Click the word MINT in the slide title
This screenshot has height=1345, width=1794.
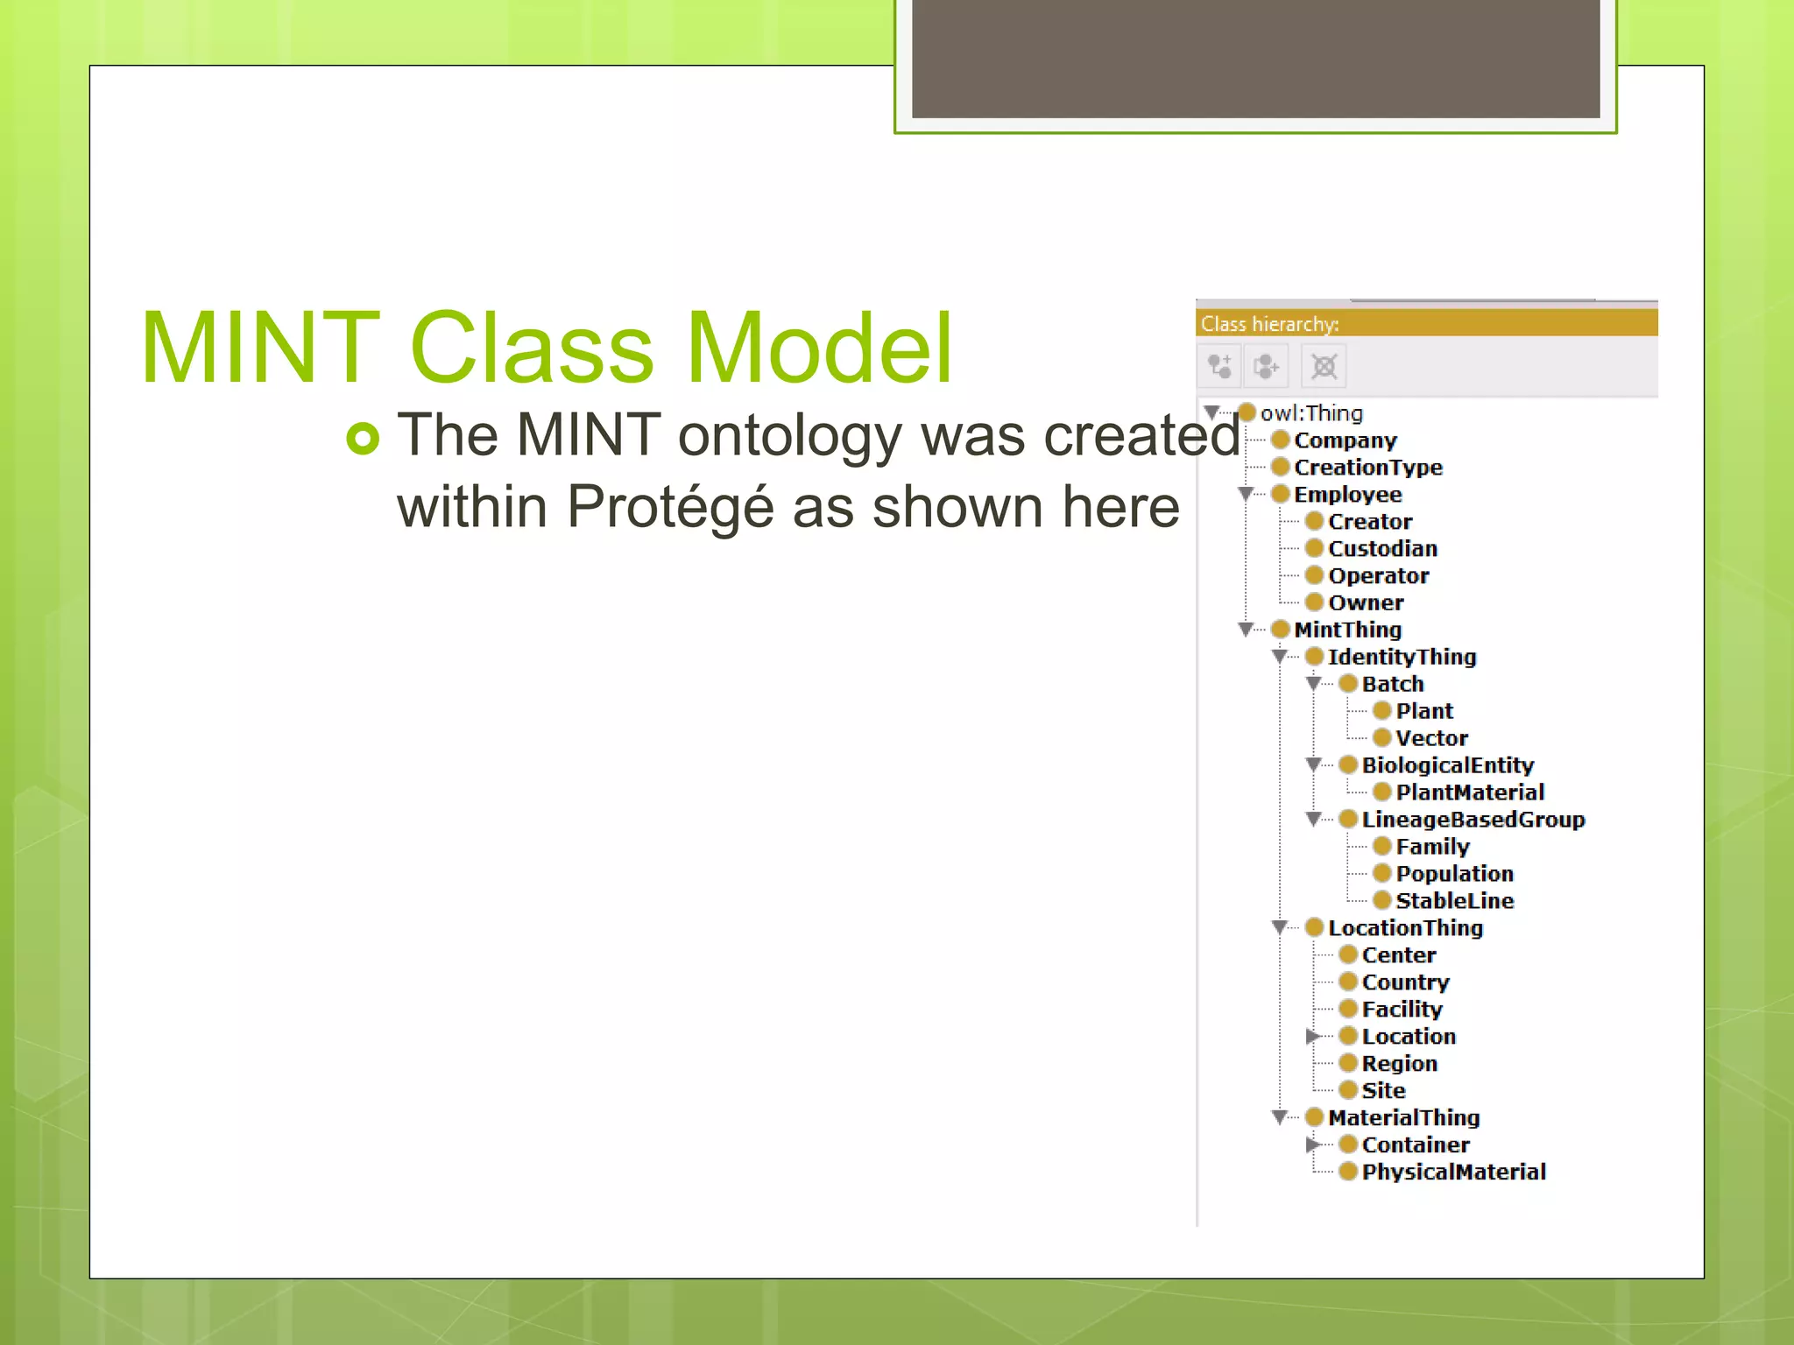click(x=260, y=349)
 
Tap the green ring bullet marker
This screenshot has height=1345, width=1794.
click(x=363, y=438)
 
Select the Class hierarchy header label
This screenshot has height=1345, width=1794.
click(x=1269, y=324)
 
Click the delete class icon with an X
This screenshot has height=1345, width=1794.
click(x=1324, y=366)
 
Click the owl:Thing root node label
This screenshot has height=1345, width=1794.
click(x=1310, y=413)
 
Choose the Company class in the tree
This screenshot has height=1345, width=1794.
click(x=1345, y=440)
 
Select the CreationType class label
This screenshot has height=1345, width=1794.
click(x=1367, y=468)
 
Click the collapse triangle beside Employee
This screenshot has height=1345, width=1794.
click(x=1246, y=494)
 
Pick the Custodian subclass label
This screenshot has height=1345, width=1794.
click(x=1382, y=549)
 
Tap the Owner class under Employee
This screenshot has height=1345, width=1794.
click(x=1365, y=603)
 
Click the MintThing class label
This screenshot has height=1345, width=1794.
click(x=1347, y=630)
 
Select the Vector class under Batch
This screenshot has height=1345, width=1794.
click(x=1431, y=738)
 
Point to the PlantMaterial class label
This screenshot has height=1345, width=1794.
click(x=1469, y=792)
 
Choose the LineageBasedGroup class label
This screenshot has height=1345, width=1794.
click(x=1473, y=820)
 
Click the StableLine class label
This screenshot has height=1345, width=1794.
click(x=1454, y=901)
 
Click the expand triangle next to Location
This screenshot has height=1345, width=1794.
click(x=1312, y=1037)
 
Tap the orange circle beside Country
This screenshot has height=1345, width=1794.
click(x=1348, y=982)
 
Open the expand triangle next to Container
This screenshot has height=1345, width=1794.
click(x=1312, y=1144)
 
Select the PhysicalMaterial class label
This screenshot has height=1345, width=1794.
click(x=1453, y=1172)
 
